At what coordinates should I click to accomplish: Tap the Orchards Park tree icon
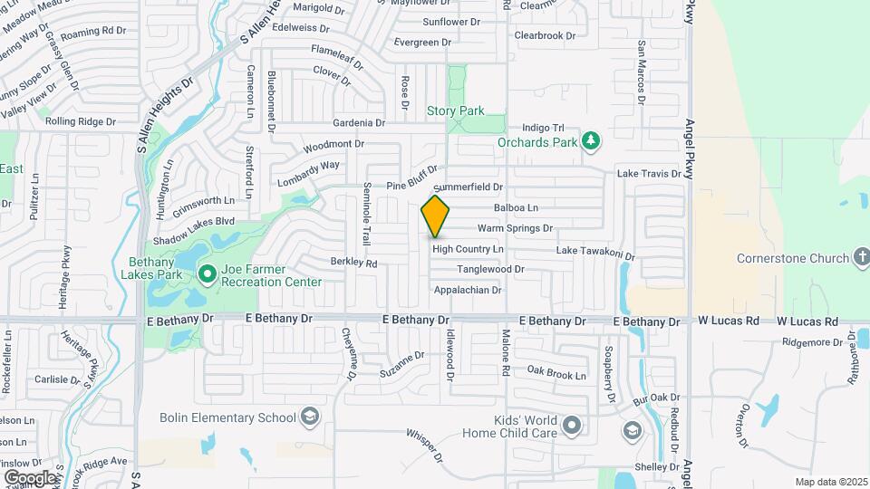pos(591,140)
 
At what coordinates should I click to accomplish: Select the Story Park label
pos(455,110)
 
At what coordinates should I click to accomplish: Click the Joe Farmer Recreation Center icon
pos(207,272)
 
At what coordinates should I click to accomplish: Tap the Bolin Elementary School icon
pos(310,417)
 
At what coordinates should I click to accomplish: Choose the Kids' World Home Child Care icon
pos(571,425)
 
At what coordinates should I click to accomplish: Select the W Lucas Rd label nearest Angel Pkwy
pos(728,321)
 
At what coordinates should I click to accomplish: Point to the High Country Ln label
pos(468,249)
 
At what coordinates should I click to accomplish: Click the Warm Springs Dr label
pos(515,228)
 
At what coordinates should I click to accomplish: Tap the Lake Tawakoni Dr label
pos(595,250)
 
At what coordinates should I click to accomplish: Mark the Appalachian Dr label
pos(468,290)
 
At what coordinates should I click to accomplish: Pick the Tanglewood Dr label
pos(490,269)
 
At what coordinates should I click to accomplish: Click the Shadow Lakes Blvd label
pos(194,221)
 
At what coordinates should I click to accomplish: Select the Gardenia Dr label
pos(359,122)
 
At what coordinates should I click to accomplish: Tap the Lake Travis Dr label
pos(648,173)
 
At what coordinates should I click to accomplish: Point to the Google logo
pos(30,477)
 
